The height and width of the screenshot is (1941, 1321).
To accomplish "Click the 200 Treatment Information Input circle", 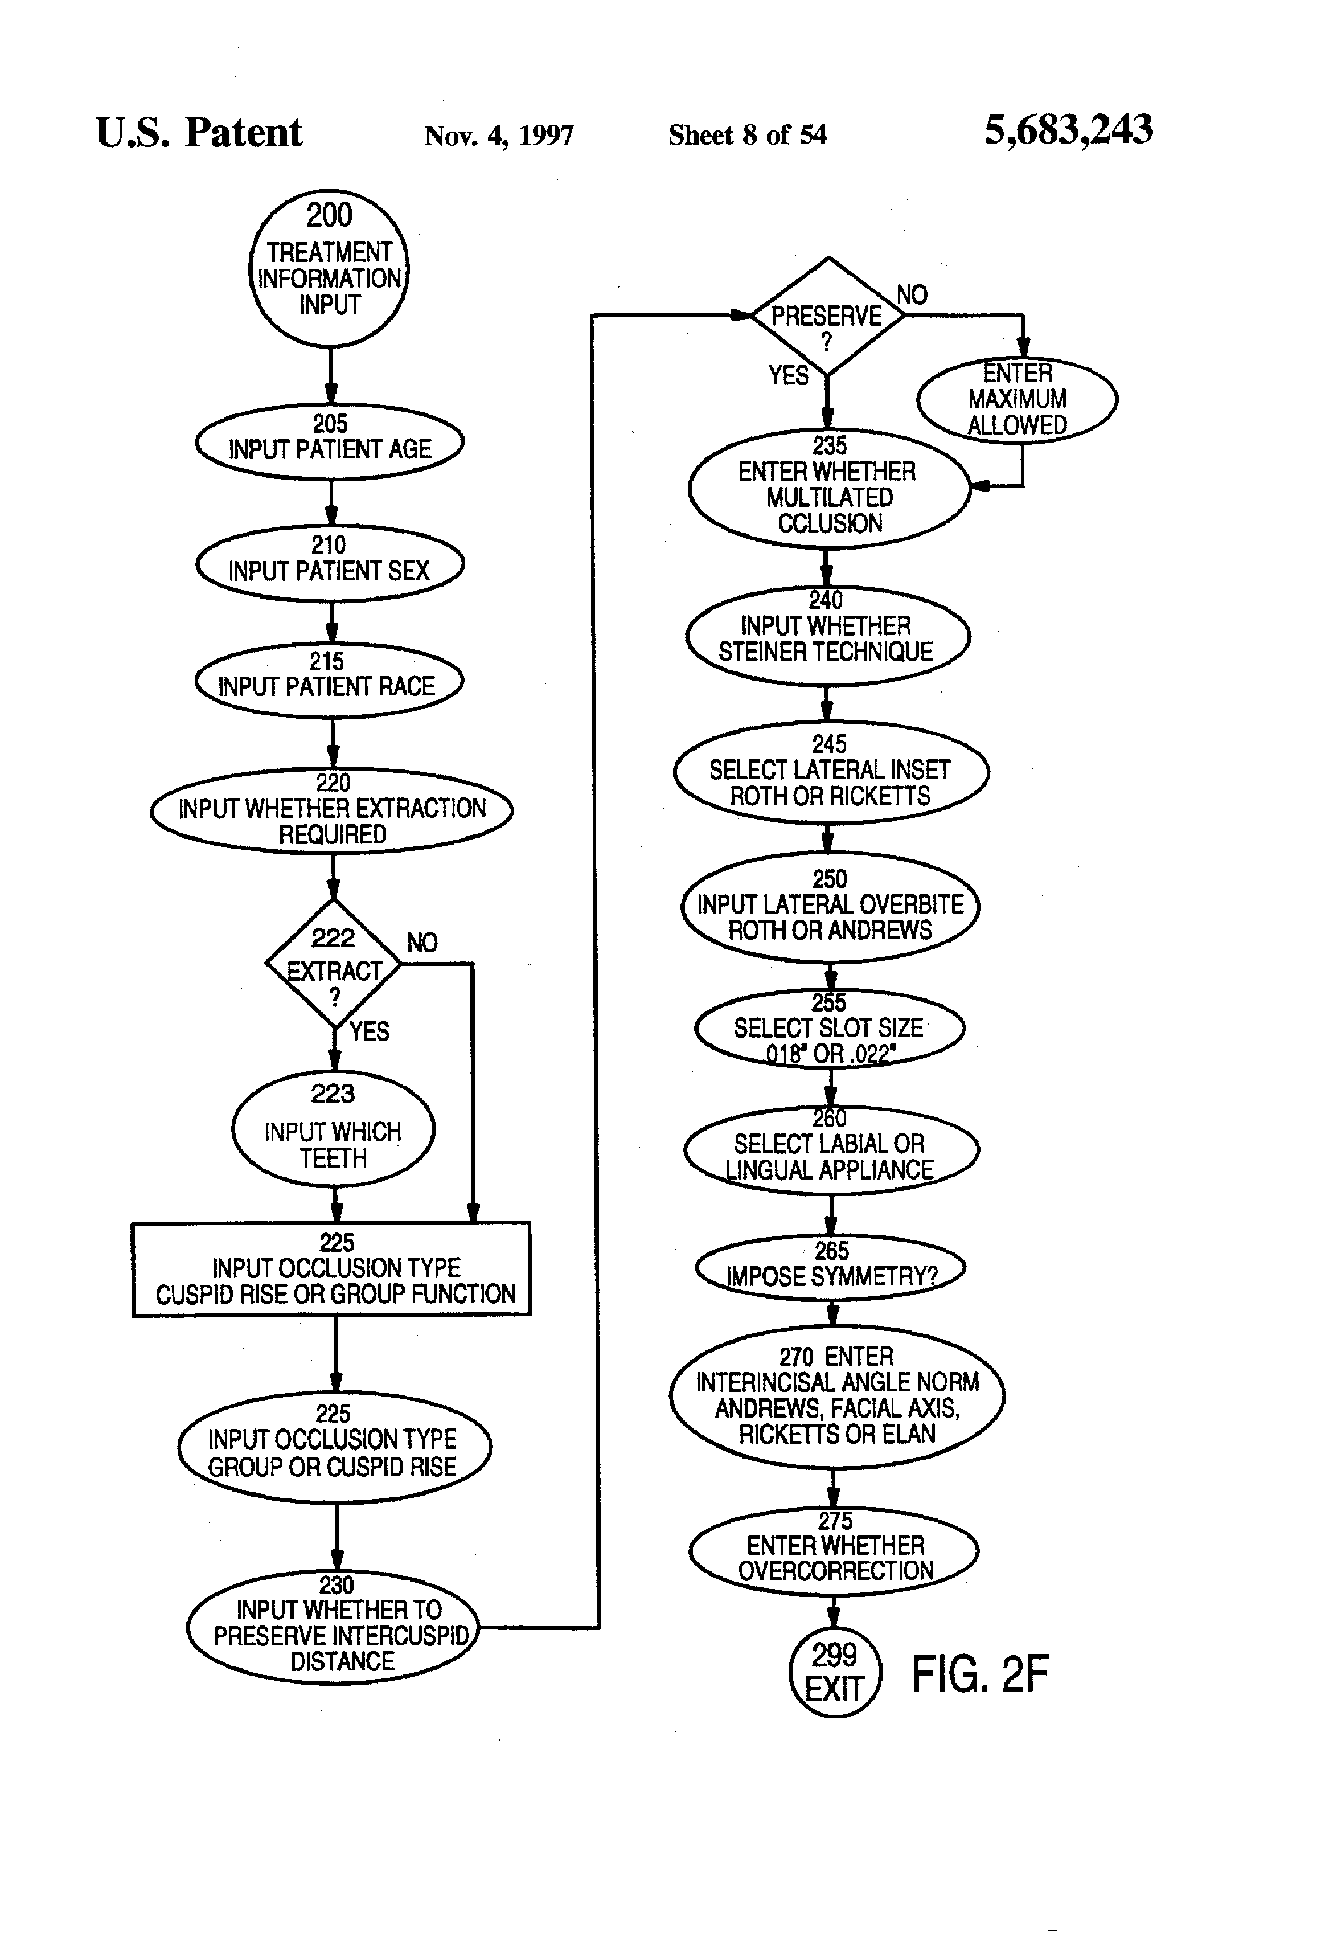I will coord(329,267).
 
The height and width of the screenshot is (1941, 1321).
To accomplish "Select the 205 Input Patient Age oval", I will coord(329,441).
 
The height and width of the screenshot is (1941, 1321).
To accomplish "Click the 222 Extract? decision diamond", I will coord(333,963).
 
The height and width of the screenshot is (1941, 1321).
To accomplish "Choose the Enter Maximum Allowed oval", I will coord(1016,399).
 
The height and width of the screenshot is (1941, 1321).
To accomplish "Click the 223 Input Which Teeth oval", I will coord(333,1128).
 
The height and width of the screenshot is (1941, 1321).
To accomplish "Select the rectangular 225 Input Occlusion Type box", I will coord(331,1270).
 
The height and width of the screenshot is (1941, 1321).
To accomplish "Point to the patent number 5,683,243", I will coord(1068,130).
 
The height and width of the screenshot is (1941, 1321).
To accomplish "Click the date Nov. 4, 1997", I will coord(498,136).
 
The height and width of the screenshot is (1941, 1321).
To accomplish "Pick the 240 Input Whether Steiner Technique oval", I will coord(827,636).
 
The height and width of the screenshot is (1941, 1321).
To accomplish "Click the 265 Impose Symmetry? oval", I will coord(830,1267).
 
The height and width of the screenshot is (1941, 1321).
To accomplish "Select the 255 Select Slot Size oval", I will coord(829,1028).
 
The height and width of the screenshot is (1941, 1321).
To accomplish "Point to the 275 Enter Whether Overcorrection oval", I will coord(834,1551).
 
